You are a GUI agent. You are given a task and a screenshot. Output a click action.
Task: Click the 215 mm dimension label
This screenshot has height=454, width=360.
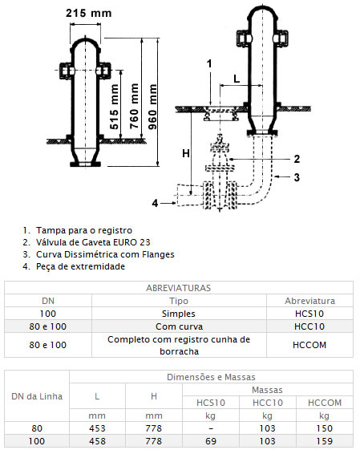point(88,13)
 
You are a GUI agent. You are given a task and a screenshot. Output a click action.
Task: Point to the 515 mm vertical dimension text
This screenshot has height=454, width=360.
point(115,107)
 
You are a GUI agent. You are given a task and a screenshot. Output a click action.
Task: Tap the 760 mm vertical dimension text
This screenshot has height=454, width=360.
point(134,106)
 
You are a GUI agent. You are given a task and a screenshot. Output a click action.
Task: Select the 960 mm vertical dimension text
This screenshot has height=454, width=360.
point(152,107)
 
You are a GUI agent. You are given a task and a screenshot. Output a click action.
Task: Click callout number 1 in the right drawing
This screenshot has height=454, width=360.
point(209,63)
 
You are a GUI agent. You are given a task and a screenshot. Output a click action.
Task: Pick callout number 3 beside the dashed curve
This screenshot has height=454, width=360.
point(297,177)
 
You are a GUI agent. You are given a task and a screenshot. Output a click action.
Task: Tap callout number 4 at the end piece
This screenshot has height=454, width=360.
point(155,203)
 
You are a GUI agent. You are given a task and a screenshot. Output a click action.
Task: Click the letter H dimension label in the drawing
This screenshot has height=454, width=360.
point(186,153)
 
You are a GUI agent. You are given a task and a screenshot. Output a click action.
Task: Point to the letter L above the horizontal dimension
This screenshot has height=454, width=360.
point(237,79)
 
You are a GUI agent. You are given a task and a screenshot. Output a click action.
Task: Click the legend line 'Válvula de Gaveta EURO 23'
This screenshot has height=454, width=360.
point(93,242)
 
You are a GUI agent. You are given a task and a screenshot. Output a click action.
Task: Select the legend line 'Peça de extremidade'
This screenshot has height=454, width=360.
point(80,266)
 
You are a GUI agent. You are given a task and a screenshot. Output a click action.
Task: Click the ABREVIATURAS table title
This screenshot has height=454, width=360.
point(179,288)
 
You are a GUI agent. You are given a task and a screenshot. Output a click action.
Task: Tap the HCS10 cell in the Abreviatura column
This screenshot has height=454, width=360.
point(309,314)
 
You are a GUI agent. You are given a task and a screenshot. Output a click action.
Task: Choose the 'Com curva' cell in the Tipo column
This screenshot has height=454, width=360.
point(179,326)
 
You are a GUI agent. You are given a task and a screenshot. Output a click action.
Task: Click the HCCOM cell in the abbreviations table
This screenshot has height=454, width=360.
point(309,345)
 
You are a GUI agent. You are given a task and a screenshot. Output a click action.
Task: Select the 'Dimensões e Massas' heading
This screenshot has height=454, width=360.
point(211,377)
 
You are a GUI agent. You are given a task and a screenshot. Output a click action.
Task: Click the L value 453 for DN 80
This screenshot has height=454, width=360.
point(97,428)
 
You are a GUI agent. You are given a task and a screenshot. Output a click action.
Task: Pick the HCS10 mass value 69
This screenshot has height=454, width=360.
point(211,441)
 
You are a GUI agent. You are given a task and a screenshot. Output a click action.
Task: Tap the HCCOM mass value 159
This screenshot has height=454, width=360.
point(325,441)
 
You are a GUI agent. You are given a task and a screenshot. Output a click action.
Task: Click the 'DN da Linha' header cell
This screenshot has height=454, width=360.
point(37,396)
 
